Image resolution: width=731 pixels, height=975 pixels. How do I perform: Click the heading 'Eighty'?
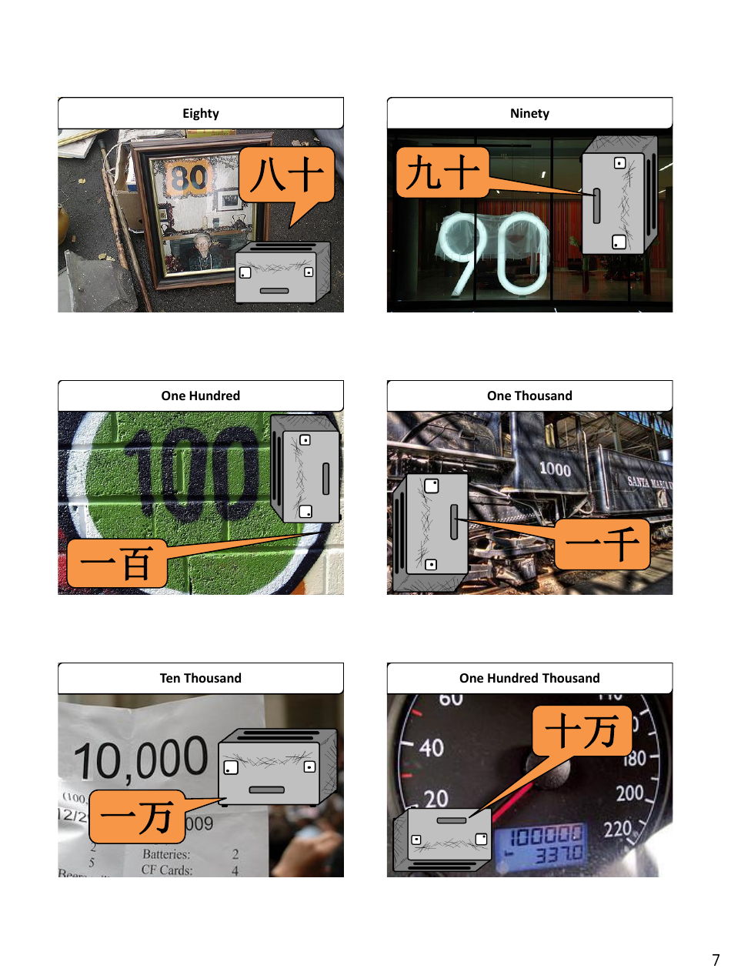click(201, 113)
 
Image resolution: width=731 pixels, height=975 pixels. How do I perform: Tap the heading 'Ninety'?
click(529, 113)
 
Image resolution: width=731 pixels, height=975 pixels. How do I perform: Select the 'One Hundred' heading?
click(201, 396)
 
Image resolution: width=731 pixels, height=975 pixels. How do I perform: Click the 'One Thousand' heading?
click(529, 396)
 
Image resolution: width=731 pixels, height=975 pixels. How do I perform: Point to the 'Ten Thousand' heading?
click(201, 678)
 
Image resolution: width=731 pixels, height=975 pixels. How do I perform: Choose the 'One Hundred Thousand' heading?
click(529, 678)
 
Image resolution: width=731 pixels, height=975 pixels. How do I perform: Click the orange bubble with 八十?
click(286, 175)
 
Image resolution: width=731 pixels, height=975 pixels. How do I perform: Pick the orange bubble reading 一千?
click(602, 545)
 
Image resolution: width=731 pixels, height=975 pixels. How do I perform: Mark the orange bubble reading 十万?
click(582, 731)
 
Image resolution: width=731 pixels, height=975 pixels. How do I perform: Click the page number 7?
click(716, 960)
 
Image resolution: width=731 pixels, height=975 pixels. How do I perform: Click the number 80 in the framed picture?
click(187, 179)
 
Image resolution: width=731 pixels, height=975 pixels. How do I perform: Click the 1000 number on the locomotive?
click(555, 469)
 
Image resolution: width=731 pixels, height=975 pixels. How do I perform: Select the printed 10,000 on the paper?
click(141, 759)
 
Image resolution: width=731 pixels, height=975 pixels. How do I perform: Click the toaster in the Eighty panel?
click(282, 272)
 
